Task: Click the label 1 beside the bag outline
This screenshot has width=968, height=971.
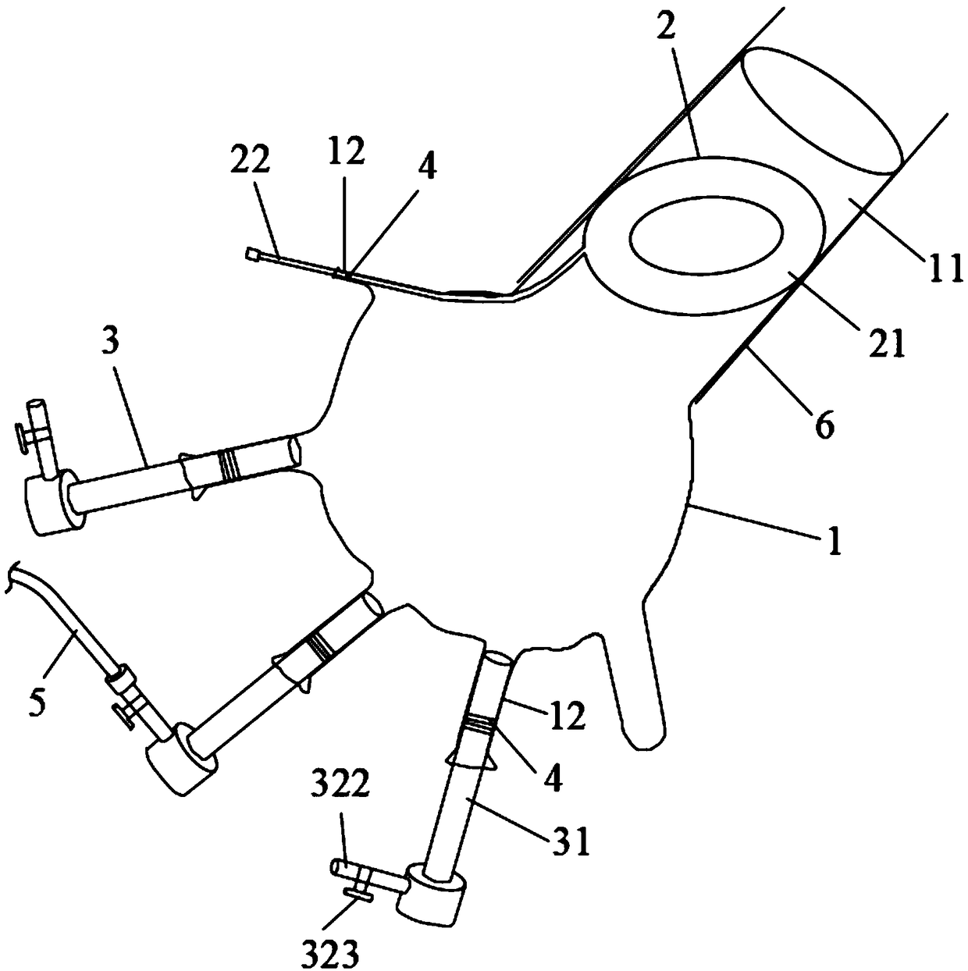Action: [835, 542]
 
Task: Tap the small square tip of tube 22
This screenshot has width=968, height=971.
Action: [251, 253]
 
